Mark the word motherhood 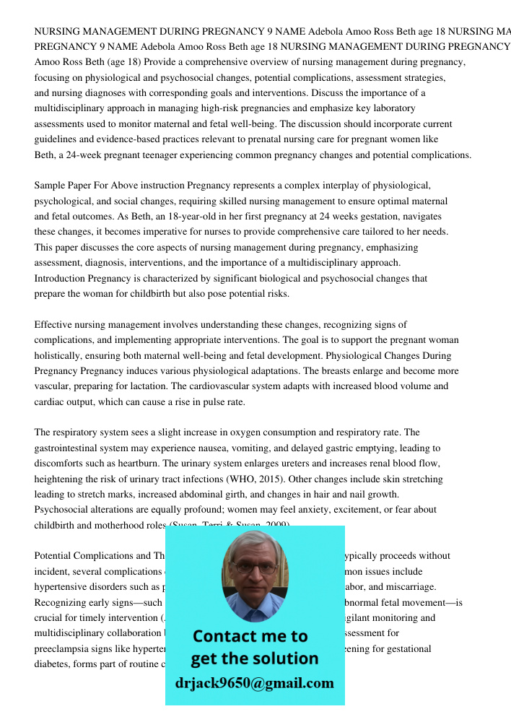pos(104,526)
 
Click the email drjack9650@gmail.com pos(254,684)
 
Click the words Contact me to pos(250,637)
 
